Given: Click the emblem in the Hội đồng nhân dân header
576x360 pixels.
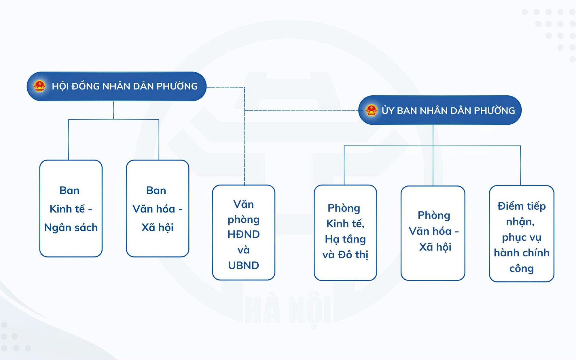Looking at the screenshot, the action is point(39,86).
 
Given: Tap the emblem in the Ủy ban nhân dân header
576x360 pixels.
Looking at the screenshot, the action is point(372,110).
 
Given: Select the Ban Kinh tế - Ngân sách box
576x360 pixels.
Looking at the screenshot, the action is point(71,209).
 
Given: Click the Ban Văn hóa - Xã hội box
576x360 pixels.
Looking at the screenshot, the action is point(158,209).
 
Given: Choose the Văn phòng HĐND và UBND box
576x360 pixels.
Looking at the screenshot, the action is point(244,232).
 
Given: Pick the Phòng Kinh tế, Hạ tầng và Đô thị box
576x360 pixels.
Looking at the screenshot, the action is point(345,233).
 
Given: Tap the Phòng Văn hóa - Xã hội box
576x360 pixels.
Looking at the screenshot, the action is point(433,233).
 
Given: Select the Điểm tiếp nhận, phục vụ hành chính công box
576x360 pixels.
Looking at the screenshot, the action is point(522,234).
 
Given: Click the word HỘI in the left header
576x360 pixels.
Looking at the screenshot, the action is point(60,86).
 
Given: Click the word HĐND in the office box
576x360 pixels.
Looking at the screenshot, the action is point(244,234).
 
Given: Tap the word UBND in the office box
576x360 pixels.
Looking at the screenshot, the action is point(244,265).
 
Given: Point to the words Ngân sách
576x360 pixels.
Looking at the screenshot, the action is point(71,228).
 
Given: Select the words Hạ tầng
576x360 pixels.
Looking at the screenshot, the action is point(345,239).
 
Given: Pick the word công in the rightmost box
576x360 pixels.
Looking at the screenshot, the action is point(522,269).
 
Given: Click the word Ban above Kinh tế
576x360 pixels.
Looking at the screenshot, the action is point(69,190).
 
